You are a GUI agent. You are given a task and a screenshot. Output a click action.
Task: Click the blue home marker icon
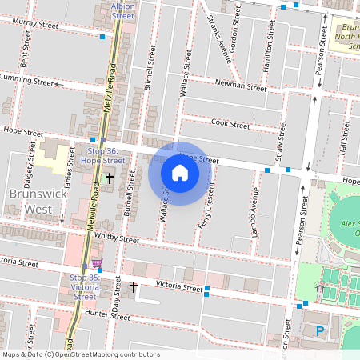(x=180, y=173)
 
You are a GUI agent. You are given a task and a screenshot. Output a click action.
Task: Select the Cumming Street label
(x=27, y=79)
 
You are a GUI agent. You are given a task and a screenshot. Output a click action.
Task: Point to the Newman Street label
(x=241, y=86)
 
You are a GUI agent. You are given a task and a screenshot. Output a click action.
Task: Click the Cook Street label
(x=230, y=124)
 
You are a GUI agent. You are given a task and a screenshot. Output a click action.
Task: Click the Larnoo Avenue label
(x=256, y=206)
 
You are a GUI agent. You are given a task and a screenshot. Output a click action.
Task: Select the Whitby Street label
(x=117, y=238)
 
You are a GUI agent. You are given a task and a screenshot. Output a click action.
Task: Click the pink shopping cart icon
(x=97, y=264)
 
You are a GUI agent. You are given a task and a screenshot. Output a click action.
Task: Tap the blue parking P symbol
(x=321, y=330)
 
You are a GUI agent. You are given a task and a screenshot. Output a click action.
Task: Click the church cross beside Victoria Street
(x=134, y=286)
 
